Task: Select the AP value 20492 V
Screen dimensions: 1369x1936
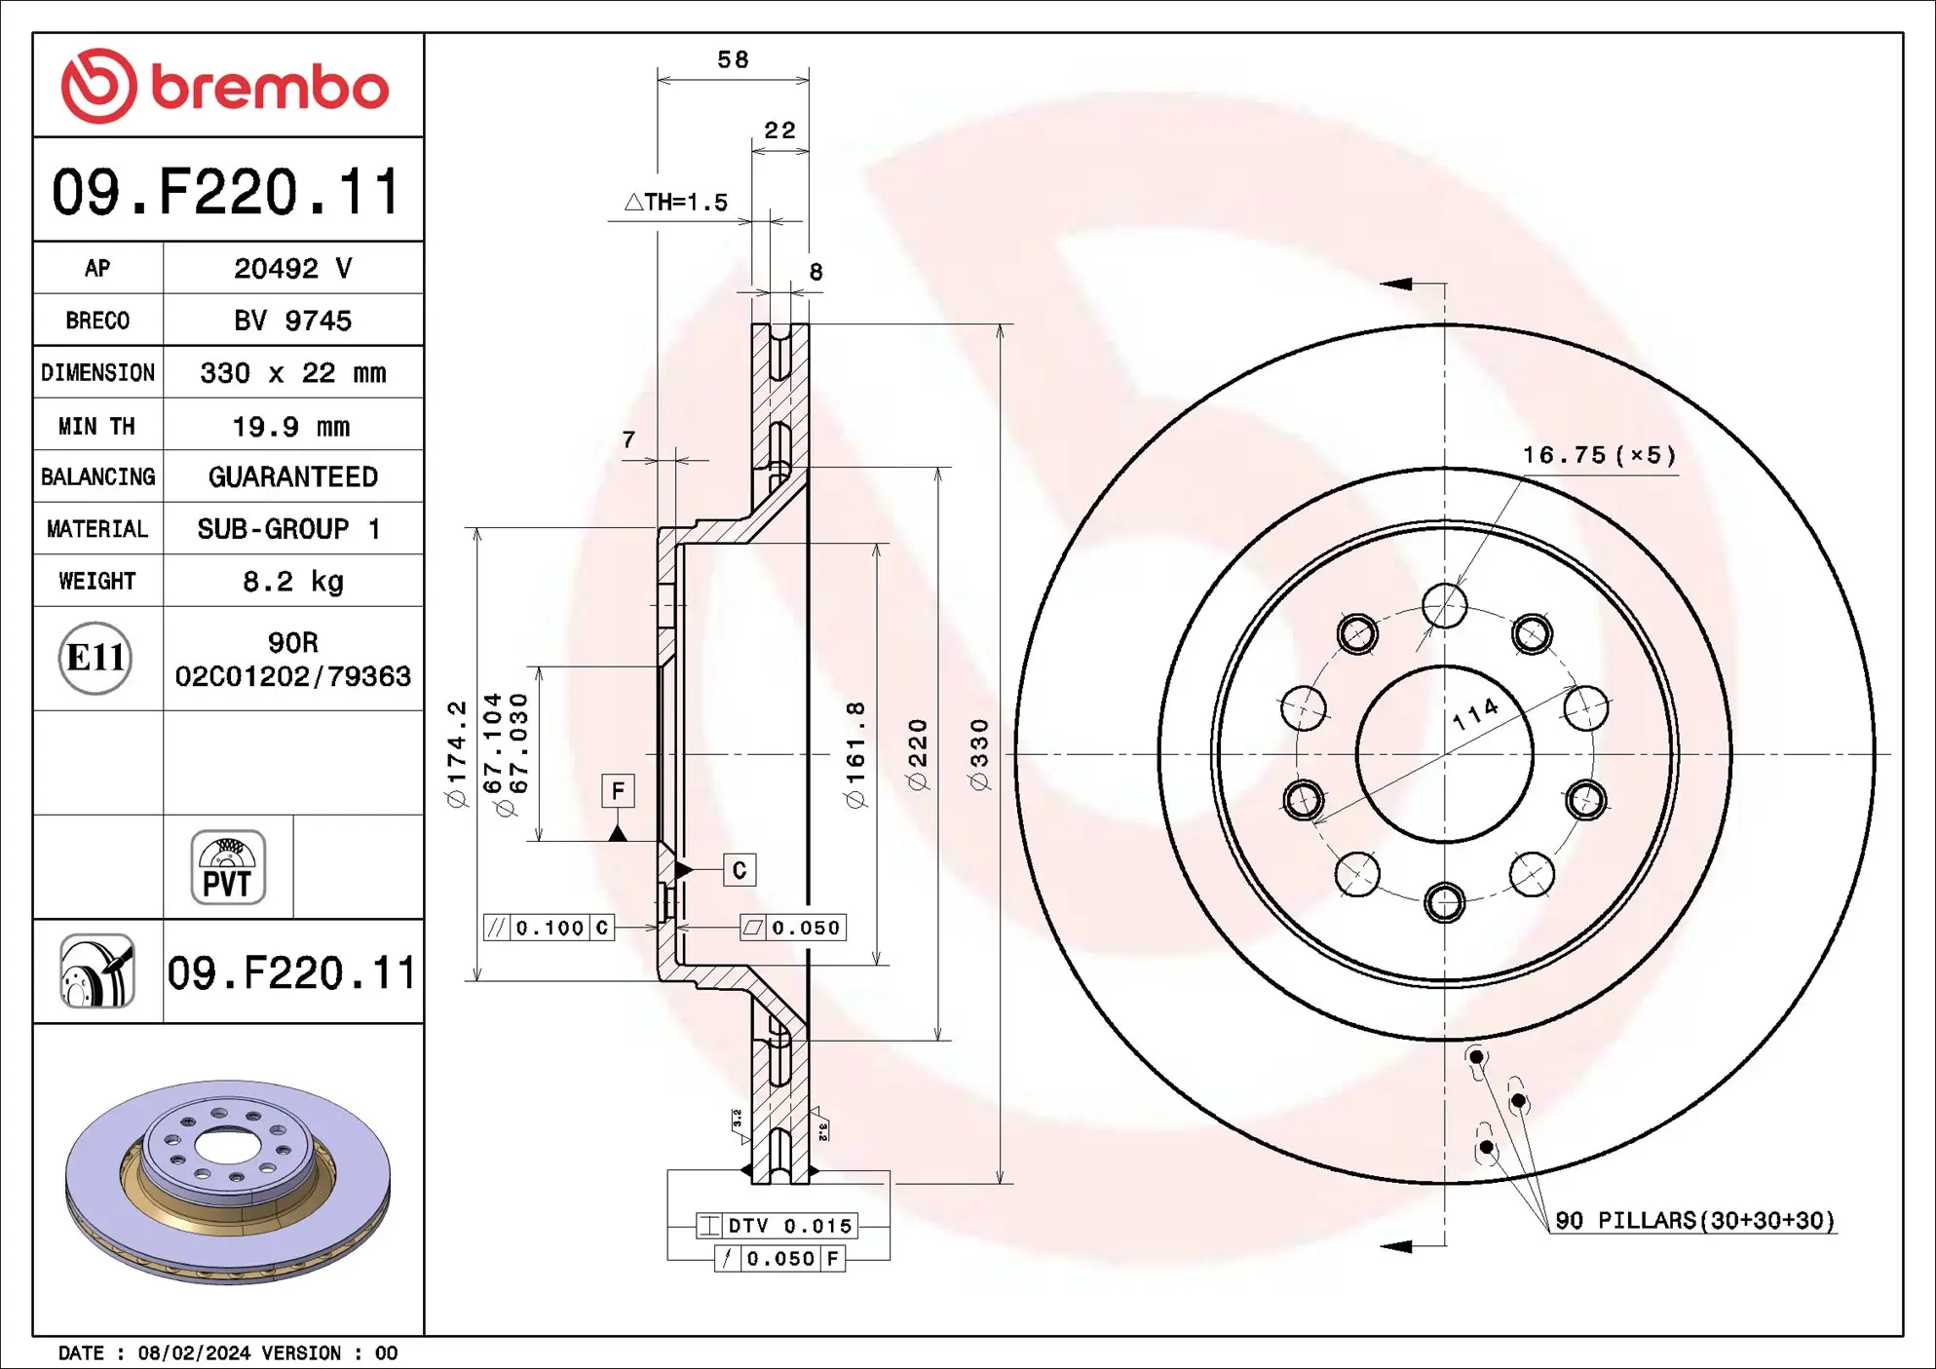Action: pos(292,268)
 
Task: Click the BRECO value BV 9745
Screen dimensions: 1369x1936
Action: pos(292,321)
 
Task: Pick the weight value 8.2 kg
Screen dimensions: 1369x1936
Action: pos(292,582)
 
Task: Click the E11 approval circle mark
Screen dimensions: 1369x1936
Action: pos(95,658)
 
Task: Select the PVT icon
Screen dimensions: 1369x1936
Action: pos(228,867)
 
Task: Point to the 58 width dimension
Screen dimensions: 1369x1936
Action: pos(733,60)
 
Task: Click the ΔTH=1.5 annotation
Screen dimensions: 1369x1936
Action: pos(676,203)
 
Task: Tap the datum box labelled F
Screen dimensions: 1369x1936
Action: pos(618,790)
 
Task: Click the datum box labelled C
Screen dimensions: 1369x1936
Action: pos(739,870)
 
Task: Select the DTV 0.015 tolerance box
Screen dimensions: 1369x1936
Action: pos(777,1226)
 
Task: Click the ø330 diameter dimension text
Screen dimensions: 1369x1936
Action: pos(979,754)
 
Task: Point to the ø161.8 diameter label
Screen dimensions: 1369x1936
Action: pos(855,754)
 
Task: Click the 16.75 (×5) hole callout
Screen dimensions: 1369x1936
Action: pos(1599,455)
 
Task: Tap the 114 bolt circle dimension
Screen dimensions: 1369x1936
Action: pos(1475,714)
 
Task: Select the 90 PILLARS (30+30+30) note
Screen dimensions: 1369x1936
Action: pos(1693,1220)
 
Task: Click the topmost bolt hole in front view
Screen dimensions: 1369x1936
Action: pos(1444,605)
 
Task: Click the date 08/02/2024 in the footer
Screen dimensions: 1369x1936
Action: pos(194,1352)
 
